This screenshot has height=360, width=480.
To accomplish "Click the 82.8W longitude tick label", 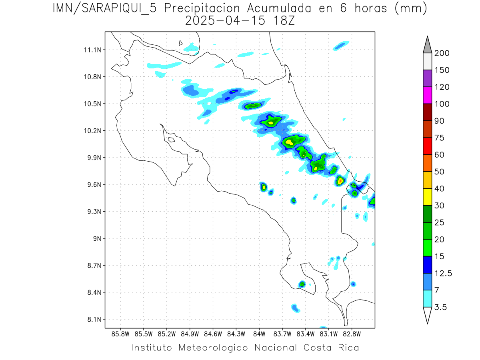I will pos(352,334).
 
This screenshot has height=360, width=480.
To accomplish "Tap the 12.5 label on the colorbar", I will pos(443,273).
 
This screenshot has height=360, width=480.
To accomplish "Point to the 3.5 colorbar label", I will pos(441,307).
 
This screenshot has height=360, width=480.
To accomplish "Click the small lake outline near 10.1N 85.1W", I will pos(171,140).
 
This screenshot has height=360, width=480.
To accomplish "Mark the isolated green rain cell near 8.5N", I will pos(302,284).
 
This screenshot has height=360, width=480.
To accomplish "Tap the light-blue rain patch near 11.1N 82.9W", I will pos(341,45).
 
